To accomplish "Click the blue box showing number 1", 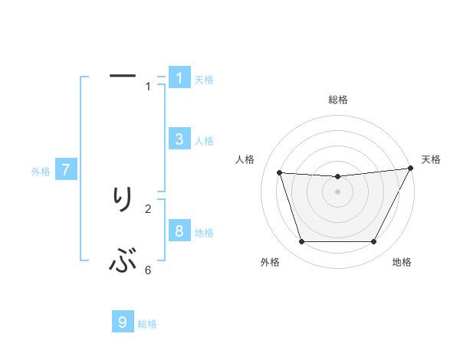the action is click(x=179, y=78).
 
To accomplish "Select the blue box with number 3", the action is click(x=179, y=139).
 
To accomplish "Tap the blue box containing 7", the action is click(x=66, y=170).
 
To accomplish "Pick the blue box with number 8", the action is click(x=179, y=231).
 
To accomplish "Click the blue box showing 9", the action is click(x=123, y=322).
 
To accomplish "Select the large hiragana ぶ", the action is click(x=123, y=263).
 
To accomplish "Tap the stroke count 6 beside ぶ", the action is click(x=148, y=270).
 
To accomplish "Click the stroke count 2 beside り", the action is click(x=148, y=208).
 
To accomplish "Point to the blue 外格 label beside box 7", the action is click(x=41, y=172).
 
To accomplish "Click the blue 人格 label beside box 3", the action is click(x=204, y=141).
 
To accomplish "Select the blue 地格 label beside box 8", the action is click(x=204, y=233).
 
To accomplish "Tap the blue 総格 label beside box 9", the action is click(x=147, y=325).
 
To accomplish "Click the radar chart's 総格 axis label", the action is click(x=338, y=100).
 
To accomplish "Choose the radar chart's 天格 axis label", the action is click(x=431, y=159).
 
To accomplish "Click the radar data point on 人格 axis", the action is click(x=279, y=172).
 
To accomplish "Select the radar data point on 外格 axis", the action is click(x=301, y=242).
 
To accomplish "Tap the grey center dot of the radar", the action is click(x=337, y=191).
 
